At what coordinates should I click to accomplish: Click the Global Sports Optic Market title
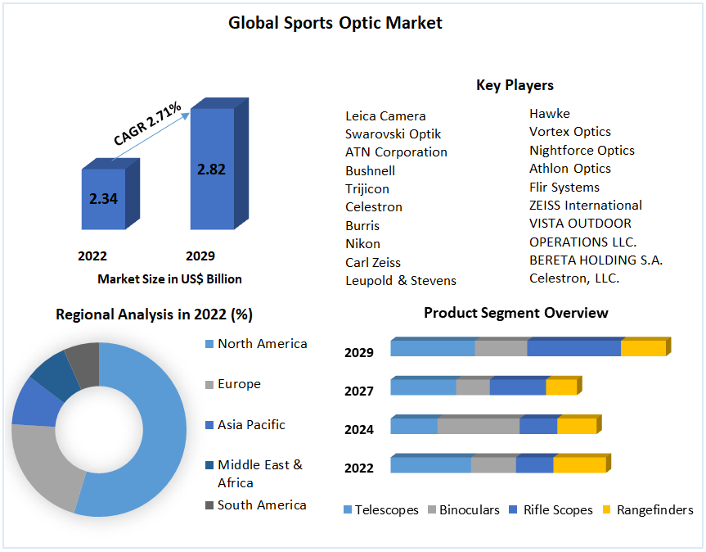(335, 23)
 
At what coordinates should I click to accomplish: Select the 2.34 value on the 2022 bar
(104, 198)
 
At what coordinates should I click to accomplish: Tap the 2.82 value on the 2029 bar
(211, 170)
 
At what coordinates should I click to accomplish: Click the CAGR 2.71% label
(147, 125)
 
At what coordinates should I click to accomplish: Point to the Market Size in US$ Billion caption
(169, 279)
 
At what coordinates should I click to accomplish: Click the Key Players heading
(515, 85)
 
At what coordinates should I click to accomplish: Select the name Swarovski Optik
(393, 134)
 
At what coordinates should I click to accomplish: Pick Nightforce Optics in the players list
(582, 150)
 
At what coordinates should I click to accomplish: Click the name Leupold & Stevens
(401, 280)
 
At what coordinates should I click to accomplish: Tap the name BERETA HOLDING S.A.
(596, 260)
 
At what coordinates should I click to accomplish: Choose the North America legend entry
(262, 344)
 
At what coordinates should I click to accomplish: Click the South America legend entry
(262, 505)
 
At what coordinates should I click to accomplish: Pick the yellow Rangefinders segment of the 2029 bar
(643, 348)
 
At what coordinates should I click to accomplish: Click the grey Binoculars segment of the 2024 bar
(479, 426)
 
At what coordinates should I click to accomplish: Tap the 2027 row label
(359, 391)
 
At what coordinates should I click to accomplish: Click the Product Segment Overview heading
(516, 313)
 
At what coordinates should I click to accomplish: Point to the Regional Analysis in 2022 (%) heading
(154, 314)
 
